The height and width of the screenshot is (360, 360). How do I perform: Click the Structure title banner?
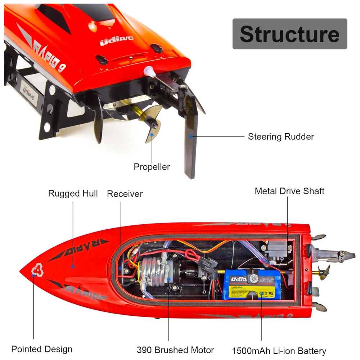click(x=289, y=34)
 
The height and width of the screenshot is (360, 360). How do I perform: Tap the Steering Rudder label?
click(x=281, y=137)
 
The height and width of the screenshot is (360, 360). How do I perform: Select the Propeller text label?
click(x=152, y=167)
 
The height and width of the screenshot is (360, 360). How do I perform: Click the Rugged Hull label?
click(x=73, y=194)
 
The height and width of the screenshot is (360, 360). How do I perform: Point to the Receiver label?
click(x=125, y=194)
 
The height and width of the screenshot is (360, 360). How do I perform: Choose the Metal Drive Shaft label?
click(x=289, y=191)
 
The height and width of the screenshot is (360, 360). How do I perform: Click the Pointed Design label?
click(x=42, y=349)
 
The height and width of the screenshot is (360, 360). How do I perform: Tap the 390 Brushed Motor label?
click(x=175, y=350)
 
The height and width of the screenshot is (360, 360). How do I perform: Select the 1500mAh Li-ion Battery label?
click(x=279, y=351)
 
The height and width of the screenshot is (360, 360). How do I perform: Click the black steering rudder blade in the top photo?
click(x=189, y=144)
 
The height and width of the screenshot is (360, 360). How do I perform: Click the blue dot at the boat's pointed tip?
click(x=33, y=275)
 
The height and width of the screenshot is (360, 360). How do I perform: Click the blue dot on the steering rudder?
click(x=191, y=136)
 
